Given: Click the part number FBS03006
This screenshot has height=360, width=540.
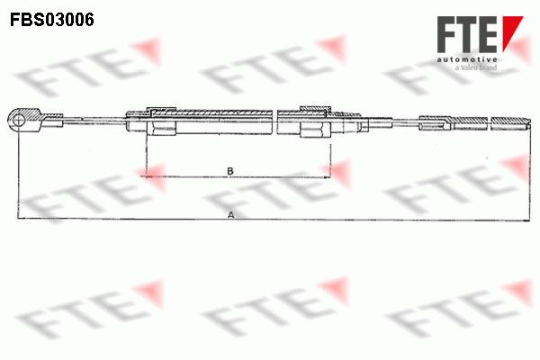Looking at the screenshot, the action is coord(52,20).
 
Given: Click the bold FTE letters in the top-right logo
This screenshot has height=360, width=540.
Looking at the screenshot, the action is coord(468,34).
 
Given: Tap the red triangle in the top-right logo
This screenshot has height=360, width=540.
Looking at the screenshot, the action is coord(511,32).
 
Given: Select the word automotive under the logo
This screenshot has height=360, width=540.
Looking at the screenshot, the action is coord(467,59).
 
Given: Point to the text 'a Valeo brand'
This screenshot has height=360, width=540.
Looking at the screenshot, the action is coord(476,67).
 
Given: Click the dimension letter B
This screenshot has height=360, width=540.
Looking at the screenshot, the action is coord(230,171).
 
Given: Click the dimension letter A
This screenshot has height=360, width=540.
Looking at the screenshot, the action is coord(231,215).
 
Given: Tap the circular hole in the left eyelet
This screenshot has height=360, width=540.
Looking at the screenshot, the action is coord(18,121).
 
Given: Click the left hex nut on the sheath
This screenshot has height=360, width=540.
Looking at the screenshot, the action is coord(161,121).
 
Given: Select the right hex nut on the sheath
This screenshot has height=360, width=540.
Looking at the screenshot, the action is coord(315,121).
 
